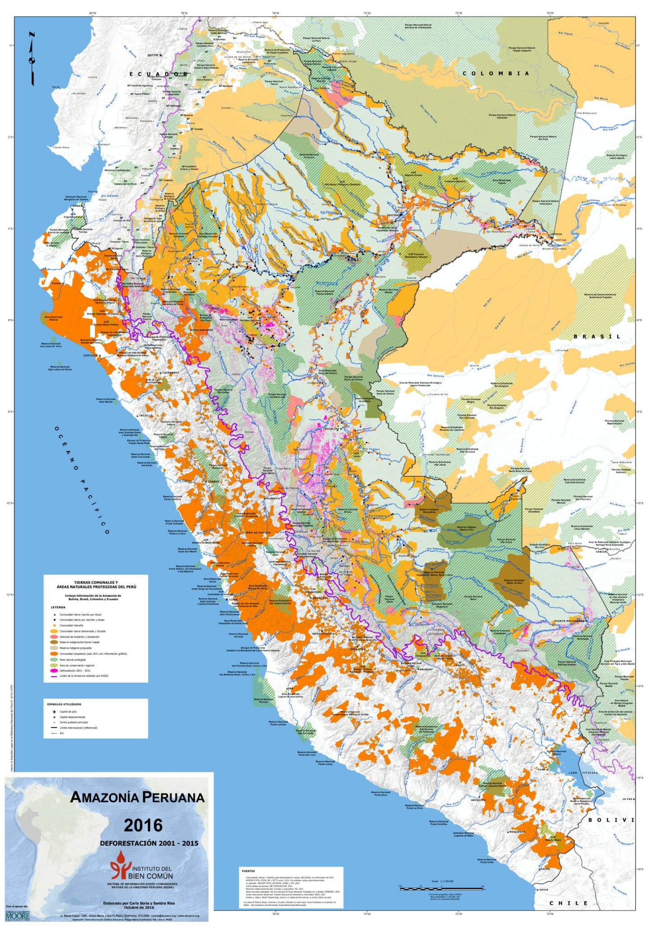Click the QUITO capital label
(x=153, y=55)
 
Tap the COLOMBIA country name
(x=496, y=73)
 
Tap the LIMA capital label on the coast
(x=233, y=600)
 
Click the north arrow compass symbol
(x=32, y=59)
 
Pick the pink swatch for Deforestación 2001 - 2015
(x=53, y=671)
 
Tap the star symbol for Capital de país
(x=54, y=712)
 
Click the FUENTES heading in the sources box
(x=248, y=871)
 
